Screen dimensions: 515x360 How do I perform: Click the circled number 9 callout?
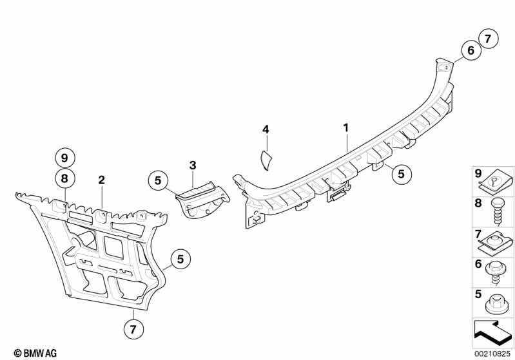pos(64,158)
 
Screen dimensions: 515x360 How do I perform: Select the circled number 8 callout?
pos(64,178)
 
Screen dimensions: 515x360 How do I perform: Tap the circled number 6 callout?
pos(471,50)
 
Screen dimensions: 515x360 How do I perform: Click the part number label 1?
pos(346,128)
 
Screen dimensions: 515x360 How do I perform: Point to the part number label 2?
pos(101,180)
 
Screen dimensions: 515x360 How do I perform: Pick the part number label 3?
pos(193,165)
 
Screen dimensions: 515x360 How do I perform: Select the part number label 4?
pos(266,129)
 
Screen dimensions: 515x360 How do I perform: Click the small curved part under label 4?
pos(266,160)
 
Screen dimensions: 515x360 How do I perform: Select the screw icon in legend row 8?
pos(496,212)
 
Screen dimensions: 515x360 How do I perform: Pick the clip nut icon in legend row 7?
pos(496,243)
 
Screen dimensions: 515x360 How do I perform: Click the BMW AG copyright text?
pos(35,353)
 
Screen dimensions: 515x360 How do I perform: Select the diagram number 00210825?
pos(492,354)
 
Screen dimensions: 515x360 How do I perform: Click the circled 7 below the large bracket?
pos(133,329)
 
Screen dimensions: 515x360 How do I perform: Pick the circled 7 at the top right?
pos(488,39)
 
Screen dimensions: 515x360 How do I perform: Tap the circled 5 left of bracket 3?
pos(158,180)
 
